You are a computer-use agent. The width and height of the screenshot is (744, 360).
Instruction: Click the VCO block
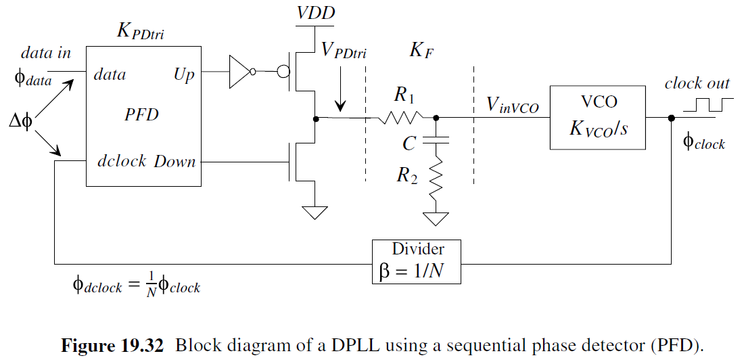597,117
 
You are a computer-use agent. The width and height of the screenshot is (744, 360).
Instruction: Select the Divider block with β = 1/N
417,261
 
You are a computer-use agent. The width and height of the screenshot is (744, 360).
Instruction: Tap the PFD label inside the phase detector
141,114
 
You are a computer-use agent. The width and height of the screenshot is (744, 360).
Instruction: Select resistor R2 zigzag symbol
436,178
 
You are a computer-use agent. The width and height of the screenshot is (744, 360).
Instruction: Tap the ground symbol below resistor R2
436,219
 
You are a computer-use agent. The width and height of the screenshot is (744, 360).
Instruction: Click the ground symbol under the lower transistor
315,212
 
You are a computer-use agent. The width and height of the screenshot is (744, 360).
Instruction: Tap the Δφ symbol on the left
22,123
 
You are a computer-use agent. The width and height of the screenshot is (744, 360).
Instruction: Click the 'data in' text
46,53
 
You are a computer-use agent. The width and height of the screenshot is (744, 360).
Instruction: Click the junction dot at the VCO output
671,118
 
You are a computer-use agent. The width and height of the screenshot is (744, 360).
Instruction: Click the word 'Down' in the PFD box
175,162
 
